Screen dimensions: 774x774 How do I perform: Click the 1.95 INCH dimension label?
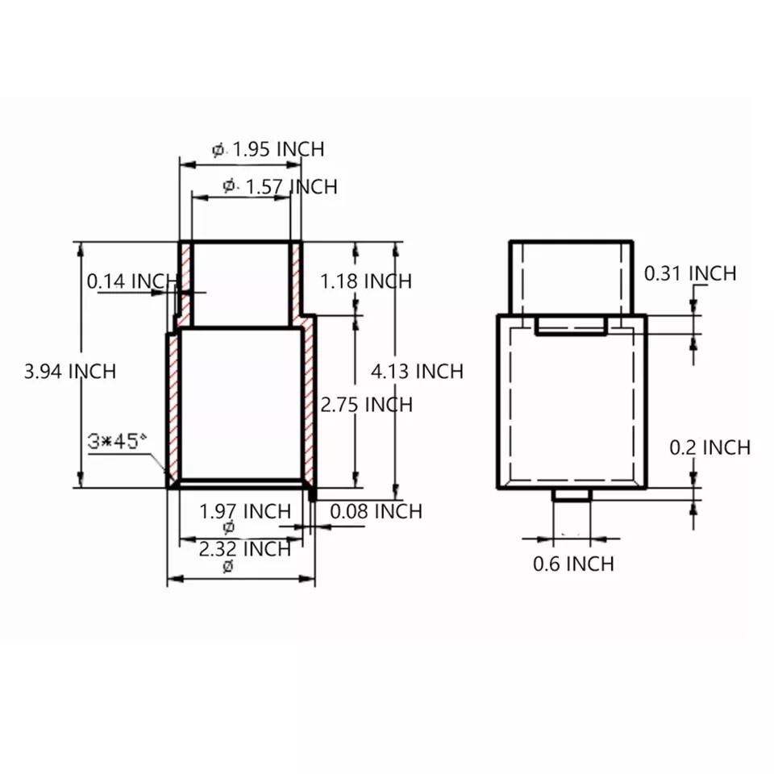278,149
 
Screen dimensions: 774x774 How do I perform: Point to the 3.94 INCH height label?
70,372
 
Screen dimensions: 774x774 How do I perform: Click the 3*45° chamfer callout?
118,441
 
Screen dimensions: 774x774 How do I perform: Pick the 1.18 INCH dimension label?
365,281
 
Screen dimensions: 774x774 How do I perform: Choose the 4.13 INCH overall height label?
417,372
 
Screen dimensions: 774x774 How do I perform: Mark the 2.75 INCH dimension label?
366,405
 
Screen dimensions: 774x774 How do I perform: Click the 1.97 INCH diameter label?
245,511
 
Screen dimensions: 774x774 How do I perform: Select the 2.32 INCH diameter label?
245,549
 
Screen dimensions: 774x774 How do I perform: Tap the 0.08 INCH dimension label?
376,511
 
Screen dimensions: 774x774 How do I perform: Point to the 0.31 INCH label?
690,274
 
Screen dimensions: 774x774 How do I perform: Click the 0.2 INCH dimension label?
710,447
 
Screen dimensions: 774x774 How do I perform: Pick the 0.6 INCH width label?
573,564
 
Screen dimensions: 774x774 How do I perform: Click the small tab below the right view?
572,495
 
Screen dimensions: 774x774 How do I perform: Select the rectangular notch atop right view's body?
571,326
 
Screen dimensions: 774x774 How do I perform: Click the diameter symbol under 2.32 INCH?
227,567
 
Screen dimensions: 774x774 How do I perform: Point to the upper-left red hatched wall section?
185,278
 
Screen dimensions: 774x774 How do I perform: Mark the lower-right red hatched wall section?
308,403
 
